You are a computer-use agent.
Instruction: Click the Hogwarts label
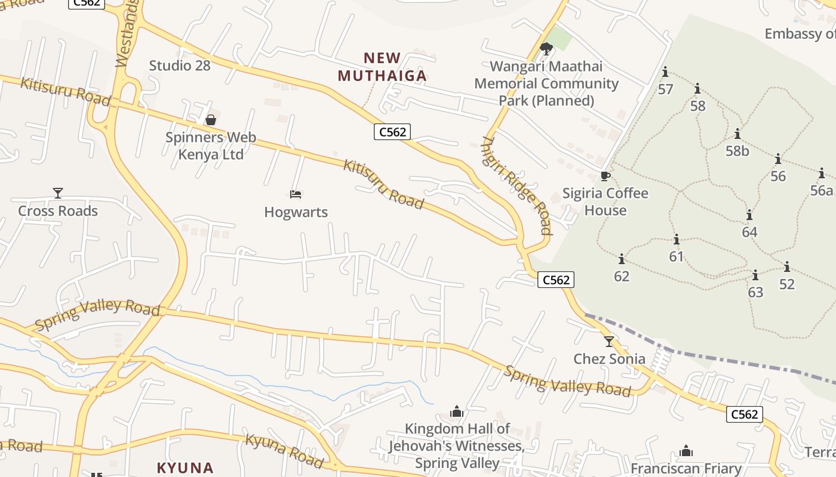click(296, 212)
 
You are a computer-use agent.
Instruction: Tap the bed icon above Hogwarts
click(296, 194)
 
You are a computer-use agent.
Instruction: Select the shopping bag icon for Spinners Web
click(211, 120)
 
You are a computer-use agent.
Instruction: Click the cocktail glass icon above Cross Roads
click(57, 193)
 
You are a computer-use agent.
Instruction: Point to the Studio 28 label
click(180, 66)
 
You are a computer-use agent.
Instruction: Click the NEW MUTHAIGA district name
click(382, 67)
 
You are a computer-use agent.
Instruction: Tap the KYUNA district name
click(185, 467)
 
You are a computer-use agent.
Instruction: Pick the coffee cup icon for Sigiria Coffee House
click(606, 176)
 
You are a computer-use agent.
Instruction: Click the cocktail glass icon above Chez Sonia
click(609, 342)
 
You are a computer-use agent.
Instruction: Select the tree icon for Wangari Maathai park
click(546, 49)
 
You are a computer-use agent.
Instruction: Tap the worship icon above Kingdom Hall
click(457, 411)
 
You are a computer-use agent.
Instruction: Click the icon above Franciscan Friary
click(686, 451)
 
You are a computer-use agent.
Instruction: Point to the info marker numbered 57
click(665, 73)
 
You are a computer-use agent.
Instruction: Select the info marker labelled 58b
click(737, 134)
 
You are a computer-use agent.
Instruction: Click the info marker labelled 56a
click(822, 174)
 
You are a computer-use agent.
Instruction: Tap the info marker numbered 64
click(749, 215)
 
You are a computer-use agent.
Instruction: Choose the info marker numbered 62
click(622, 259)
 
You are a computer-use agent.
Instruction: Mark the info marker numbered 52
click(787, 267)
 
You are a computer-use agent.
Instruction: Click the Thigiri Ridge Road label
click(517, 185)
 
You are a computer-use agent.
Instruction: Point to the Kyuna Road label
click(285, 451)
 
